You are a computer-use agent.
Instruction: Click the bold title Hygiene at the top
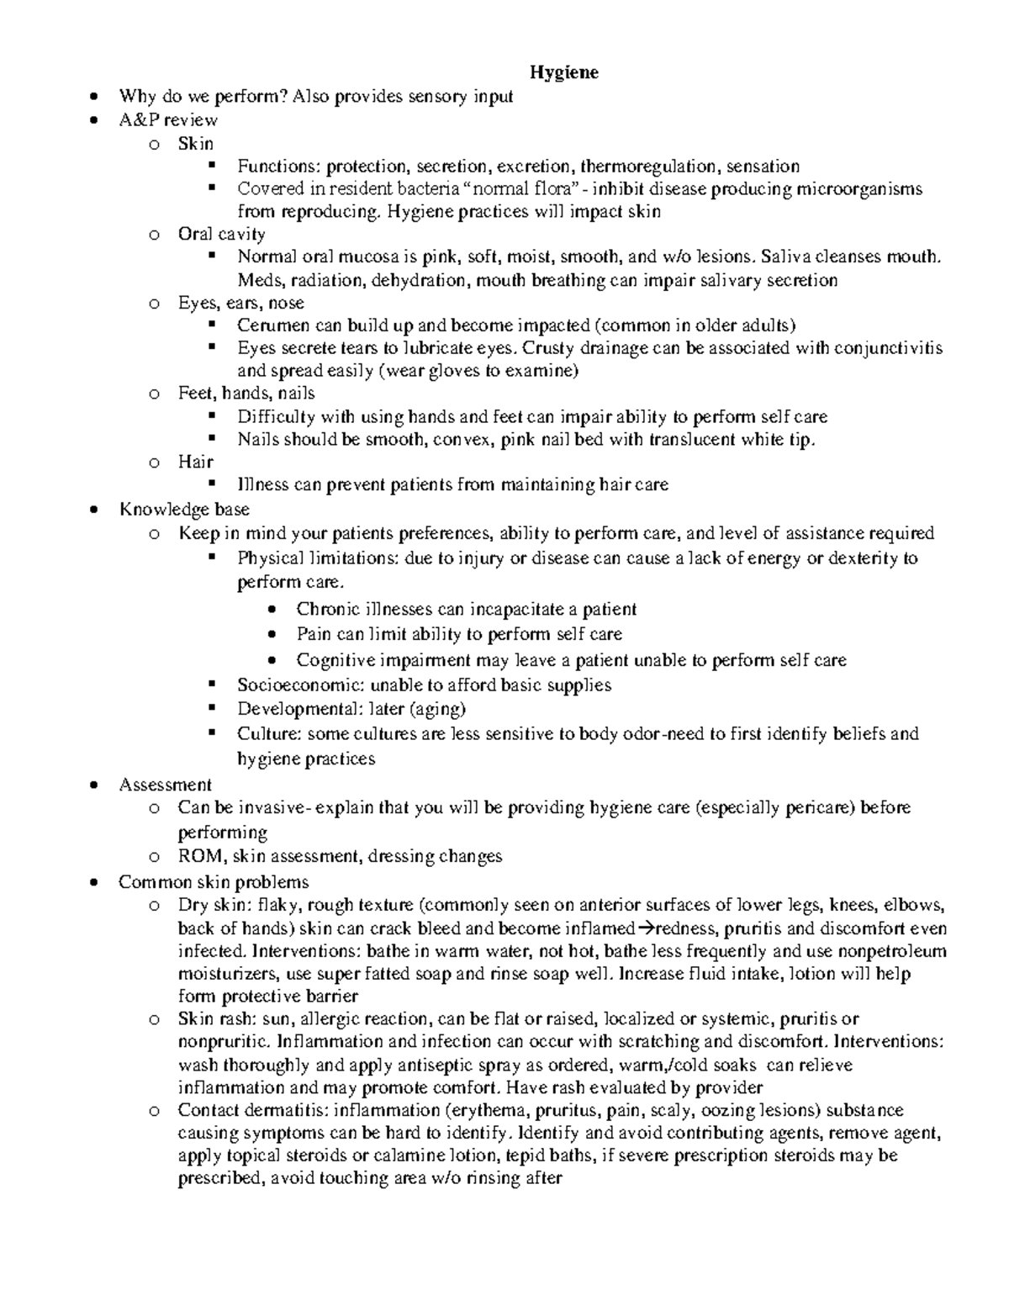pyautogui.click(x=563, y=72)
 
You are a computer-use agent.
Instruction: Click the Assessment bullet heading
pyautogui.click(x=165, y=785)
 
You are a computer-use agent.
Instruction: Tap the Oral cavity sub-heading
pyautogui.click(x=221, y=234)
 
